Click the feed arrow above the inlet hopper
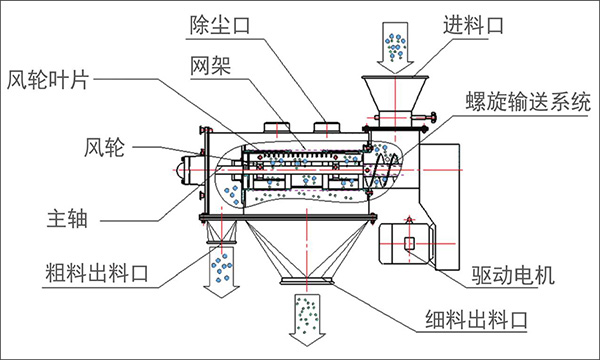tap(393, 42)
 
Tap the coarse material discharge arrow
tap(219, 267)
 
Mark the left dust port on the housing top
tap(276, 126)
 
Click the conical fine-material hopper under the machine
tap(305, 250)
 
